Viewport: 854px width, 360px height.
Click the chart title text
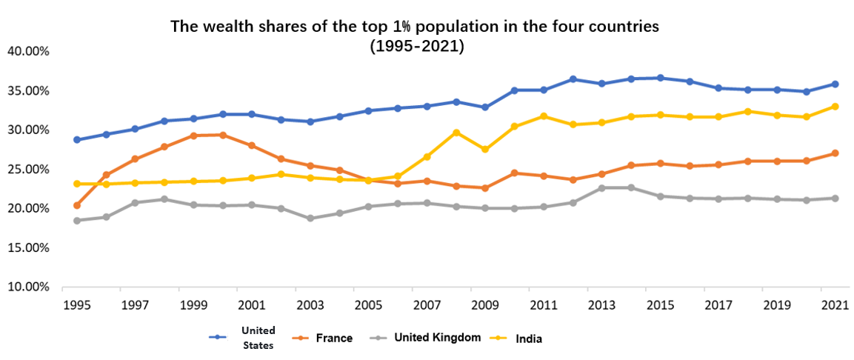[x=415, y=36]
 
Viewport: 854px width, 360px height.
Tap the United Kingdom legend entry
[x=437, y=337]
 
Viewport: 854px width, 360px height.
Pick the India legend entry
[x=529, y=338]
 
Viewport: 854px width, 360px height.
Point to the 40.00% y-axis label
[x=27, y=52]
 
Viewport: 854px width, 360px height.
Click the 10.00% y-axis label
[x=27, y=287]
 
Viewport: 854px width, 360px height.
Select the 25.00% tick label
[x=27, y=170]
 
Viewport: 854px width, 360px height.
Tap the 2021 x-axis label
[x=835, y=304]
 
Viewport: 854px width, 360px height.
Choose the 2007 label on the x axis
[x=427, y=304]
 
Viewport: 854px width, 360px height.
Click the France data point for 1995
[x=76, y=205]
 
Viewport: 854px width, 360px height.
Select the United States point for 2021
[x=835, y=84]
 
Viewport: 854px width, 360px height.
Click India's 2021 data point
[x=835, y=107]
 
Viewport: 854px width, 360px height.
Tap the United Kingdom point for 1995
[x=76, y=221]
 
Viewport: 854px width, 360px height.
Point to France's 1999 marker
[x=193, y=136]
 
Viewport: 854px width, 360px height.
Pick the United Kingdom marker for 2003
[x=310, y=219]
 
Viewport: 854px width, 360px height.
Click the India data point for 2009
[x=485, y=150]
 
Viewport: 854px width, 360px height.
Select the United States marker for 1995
[x=76, y=139]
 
